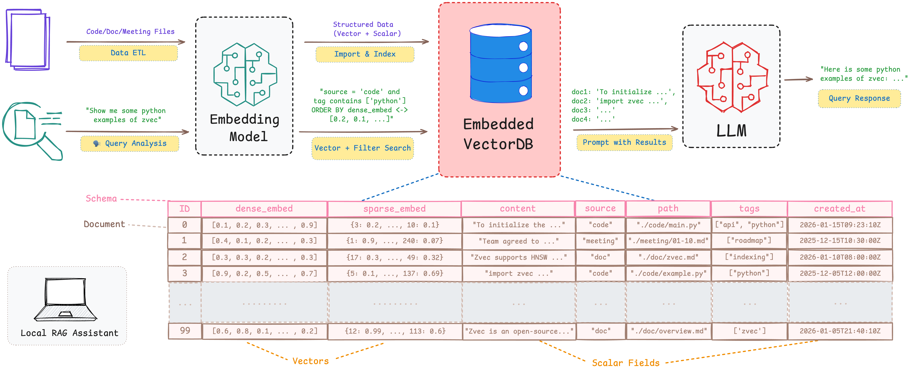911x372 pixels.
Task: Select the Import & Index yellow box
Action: click(365, 54)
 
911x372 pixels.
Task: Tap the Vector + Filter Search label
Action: click(362, 148)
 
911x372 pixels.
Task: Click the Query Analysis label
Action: click(130, 143)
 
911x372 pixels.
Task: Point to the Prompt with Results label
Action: click(624, 142)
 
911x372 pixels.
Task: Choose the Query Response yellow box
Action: click(859, 98)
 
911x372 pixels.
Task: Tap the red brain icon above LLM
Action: click(732, 77)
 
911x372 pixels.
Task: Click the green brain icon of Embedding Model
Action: click(245, 74)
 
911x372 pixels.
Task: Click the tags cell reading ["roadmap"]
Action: click(749, 241)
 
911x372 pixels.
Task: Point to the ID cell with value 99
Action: click(185, 331)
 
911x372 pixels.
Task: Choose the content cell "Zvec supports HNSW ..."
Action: click(518, 257)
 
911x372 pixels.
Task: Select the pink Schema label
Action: click(101, 199)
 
